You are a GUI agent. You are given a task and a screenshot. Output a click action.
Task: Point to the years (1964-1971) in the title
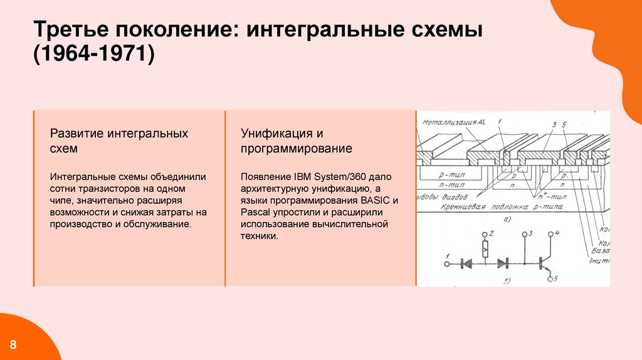click(x=94, y=55)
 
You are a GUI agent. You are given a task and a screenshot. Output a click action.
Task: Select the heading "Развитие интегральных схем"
click(x=119, y=141)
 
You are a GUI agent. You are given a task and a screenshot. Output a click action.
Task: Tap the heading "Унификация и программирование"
click(x=297, y=141)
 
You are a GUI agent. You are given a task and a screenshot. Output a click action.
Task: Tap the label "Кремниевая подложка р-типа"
click(x=495, y=205)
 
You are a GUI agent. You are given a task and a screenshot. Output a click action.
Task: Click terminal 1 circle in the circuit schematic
click(x=447, y=264)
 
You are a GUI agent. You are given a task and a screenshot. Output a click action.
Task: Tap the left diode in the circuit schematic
click(x=466, y=264)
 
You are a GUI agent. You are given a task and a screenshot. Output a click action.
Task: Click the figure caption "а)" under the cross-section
click(x=507, y=219)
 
